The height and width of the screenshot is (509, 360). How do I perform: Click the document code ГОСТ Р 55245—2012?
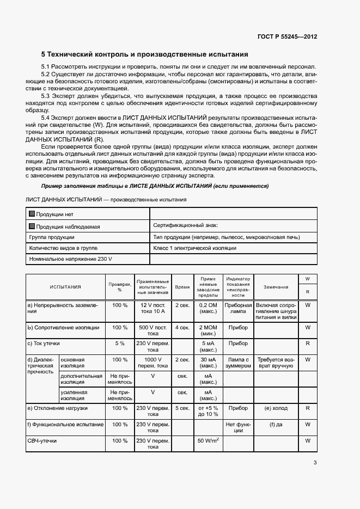pos(287,36)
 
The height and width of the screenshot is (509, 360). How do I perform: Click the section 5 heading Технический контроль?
pos(145,54)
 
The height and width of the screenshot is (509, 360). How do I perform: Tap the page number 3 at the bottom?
pos(315,463)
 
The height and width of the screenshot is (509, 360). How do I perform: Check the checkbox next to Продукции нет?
pos(32,214)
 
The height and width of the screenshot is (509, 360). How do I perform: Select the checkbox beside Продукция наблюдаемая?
pos(32,226)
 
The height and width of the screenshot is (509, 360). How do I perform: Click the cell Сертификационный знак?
pos(186,225)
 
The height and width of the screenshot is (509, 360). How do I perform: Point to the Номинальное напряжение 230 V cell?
pos(71,259)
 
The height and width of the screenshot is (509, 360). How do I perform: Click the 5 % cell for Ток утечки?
pos(120,344)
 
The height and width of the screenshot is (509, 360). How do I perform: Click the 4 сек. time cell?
pos(182,328)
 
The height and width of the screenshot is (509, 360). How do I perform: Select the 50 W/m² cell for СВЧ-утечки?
pos(208,440)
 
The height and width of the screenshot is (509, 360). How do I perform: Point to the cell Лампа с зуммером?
pos(238,363)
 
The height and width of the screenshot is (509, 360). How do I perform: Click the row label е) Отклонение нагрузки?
pos(57,408)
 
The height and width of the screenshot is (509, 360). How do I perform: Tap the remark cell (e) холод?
pos(276,408)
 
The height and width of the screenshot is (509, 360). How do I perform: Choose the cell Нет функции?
pos(238,427)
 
